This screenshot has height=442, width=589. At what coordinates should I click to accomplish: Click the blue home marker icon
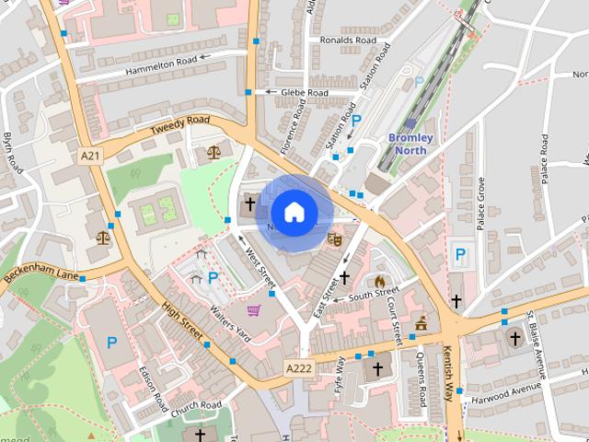point(294,213)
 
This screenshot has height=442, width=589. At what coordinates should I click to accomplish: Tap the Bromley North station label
point(416,144)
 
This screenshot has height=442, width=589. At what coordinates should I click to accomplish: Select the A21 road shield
point(89,157)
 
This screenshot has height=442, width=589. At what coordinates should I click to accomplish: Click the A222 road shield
point(298,368)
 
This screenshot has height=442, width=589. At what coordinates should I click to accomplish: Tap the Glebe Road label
point(305,92)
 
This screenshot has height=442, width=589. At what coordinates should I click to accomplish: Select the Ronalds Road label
point(348,41)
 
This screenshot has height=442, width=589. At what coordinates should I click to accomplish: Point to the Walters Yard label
point(229,324)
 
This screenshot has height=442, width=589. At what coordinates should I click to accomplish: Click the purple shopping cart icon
point(253,310)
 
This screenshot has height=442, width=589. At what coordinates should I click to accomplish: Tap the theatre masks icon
point(335,238)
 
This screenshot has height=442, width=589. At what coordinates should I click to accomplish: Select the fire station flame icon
point(378,282)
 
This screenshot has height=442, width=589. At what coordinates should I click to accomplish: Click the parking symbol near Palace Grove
point(459,254)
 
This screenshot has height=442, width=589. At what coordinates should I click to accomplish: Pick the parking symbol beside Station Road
point(356,121)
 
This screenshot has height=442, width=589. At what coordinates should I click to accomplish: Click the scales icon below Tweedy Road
point(214,151)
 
